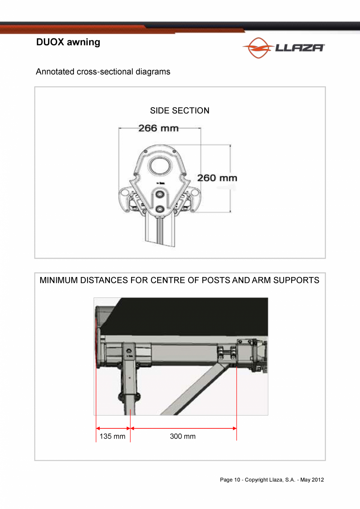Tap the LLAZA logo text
tap(299, 48)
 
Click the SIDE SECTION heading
tap(180, 111)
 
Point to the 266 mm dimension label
tap(158, 128)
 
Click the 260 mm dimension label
tap(217, 178)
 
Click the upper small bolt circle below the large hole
tap(160, 194)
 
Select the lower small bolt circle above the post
tap(160, 209)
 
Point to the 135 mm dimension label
tap(112, 436)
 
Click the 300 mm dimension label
tap(183, 436)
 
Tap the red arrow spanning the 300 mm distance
tap(183, 428)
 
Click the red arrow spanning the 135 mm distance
tap(113, 428)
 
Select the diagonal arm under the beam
tap(192, 391)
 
